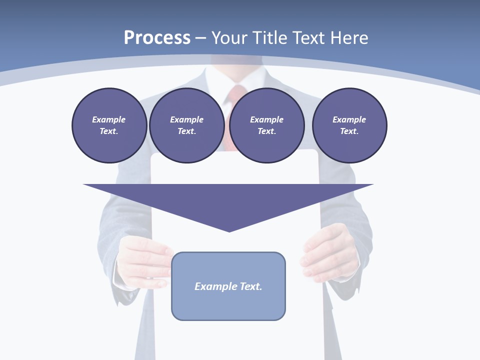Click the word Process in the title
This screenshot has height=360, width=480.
(157, 38)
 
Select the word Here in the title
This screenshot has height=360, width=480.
(348, 38)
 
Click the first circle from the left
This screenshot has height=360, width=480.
(109, 125)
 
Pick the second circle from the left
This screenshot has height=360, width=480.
(186, 125)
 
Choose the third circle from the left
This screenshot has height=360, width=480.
(266, 125)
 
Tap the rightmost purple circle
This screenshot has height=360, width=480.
(349, 125)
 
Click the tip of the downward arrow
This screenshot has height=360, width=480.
(229, 231)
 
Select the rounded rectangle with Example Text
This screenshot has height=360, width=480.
(228, 286)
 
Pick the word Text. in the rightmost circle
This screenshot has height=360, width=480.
(349, 131)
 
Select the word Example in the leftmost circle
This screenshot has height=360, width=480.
(109, 119)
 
